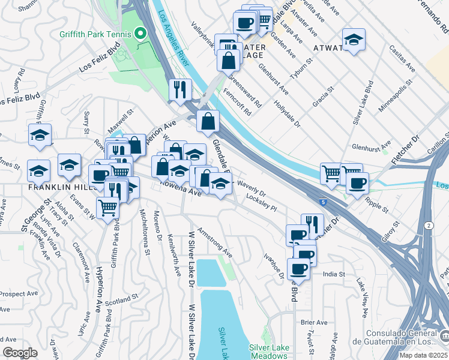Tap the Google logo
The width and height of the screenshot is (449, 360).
(x=20, y=353)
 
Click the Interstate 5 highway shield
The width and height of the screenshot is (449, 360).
(x=324, y=203)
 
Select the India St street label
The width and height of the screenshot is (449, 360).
(x=334, y=274)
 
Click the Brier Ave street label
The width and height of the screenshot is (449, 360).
(x=315, y=322)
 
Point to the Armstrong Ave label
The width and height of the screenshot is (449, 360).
(x=214, y=238)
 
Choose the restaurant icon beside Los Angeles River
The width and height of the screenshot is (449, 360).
(x=180, y=90)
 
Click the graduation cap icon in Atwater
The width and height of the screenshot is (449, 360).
(x=354, y=40)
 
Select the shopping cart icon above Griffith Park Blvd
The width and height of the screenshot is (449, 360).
(x=107, y=208)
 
